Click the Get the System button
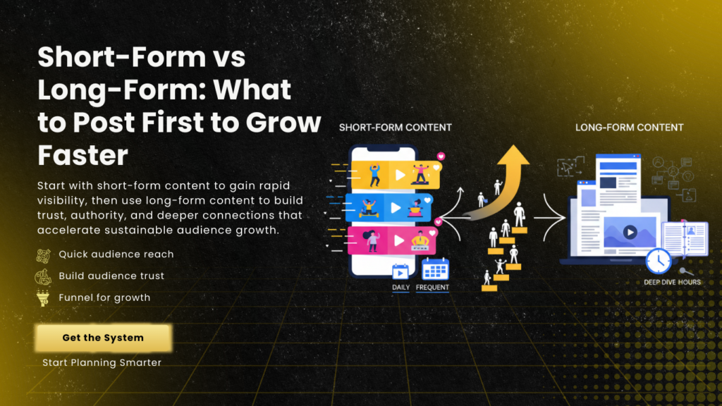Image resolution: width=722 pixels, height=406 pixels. tap(103, 338)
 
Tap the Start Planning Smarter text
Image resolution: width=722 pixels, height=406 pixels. tap(102, 363)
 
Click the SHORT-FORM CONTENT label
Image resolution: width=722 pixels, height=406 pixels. tap(395, 128)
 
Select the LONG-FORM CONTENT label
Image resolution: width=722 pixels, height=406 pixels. tap(629, 128)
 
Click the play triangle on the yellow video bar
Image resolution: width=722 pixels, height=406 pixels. tap(400, 175)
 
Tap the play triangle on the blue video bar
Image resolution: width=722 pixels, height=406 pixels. tap(396, 208)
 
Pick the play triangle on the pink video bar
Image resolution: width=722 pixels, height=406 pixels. tap(399, 240)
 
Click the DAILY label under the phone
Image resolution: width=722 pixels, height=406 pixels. tap(400, 288)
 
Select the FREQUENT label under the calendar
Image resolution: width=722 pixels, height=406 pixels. tap(432, 288)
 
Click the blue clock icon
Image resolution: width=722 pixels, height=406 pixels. tap(659, 261)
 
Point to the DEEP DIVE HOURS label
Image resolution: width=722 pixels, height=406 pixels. tap(672, 282)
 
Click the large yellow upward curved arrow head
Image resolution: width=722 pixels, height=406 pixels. tap(513, 156)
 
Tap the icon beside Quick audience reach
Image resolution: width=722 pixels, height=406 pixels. tap(43, 255)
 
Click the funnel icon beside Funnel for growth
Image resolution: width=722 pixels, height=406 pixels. tap(43, 298)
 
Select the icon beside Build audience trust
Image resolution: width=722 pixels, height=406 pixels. tap(43, 276)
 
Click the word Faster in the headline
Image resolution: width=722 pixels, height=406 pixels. tap(83, 155)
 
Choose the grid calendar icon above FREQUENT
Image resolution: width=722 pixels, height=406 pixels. tap(435, 269)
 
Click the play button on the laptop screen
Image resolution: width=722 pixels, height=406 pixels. tap(630, 233)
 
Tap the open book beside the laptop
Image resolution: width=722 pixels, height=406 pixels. tap(685, 238)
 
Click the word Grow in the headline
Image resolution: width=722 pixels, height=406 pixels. tap(283, 123)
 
